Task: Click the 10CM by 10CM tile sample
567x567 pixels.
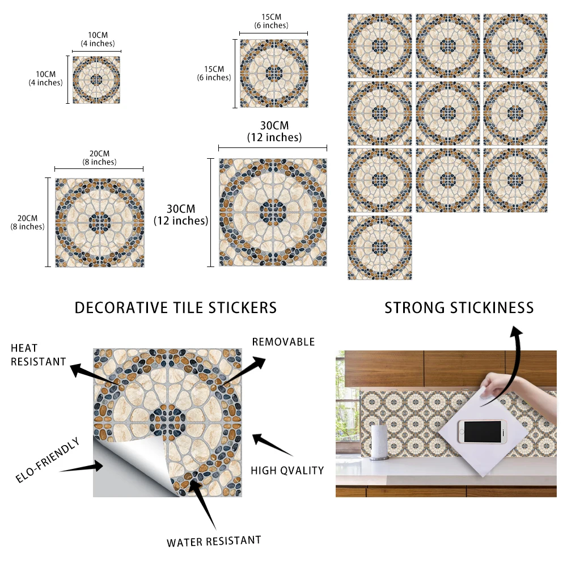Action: pos(96,79)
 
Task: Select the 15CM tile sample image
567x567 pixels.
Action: pos(274,73)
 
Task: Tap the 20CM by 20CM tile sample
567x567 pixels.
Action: pos(99,222)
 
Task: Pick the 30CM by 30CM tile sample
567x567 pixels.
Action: pos(273,213)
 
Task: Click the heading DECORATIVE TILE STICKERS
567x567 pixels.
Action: pos(176,308)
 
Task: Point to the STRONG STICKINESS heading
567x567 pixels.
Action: pos(459,308)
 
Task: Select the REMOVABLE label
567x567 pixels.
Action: pos(283,342)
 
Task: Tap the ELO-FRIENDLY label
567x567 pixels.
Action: pos(48,460)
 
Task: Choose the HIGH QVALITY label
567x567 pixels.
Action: pos(287,470)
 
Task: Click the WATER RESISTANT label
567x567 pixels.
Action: pos(214,541)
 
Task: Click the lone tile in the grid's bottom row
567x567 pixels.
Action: pos(380,247)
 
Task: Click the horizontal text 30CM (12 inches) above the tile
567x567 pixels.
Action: pos(274,131)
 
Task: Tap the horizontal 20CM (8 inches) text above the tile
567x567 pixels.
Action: pos(99,158)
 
